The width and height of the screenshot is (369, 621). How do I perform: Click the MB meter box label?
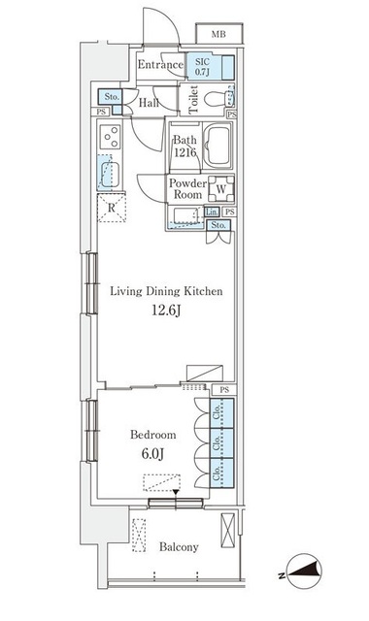tap(218, 35)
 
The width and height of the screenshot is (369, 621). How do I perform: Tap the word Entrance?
tap(160, 65)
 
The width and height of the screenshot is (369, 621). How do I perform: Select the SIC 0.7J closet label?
tap(203, 67)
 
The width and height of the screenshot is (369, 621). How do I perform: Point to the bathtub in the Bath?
tap(218, 146)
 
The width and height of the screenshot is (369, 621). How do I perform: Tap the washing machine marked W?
tap(221, 189)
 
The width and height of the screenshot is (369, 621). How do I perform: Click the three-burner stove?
tap(110, 137)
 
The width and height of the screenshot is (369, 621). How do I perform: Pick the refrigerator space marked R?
tap(112, 208)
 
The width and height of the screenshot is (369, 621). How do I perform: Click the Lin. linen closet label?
tap(212, 212)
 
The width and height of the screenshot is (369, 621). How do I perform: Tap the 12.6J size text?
tap(166, 310)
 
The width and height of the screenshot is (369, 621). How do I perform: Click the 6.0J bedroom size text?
tap(153, 454)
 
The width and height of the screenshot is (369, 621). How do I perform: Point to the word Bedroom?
tap(153, 435)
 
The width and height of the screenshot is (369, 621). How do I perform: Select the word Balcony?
tap(179, 547)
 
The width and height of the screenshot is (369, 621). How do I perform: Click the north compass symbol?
tap(303, 572)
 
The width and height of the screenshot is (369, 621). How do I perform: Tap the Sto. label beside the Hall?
tap(112, 97)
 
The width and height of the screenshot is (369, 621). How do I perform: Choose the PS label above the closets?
tap(224, 390)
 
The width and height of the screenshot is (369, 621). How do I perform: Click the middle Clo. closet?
tap(217, 442)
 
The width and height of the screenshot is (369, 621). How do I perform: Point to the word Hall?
tap(149, 104)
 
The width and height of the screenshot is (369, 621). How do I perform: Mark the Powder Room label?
tap(187, 189)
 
